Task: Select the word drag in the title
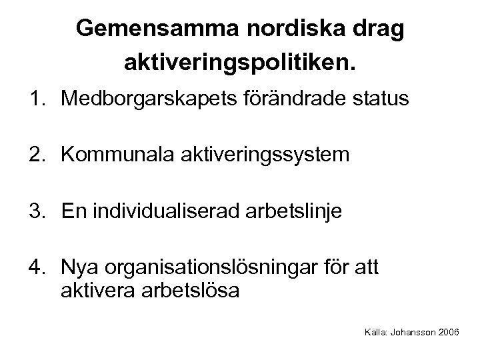[380, 30]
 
